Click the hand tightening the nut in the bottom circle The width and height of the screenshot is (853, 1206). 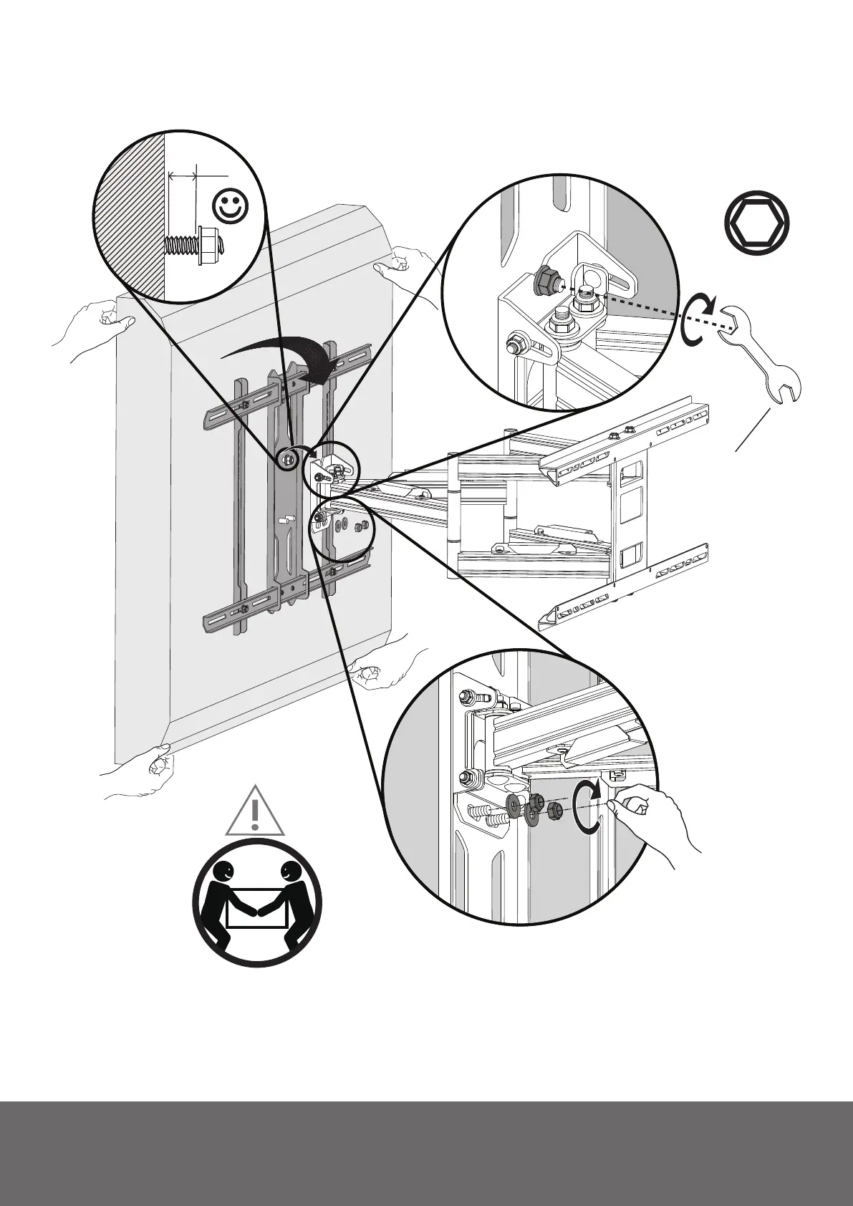click(652, 820)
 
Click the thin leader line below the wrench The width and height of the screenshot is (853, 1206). click(753, 430)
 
